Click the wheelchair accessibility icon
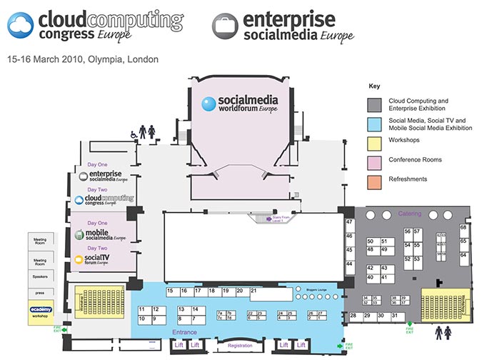[x=132, y=134]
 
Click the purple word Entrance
[x=185, y=332]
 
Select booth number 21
[x=253, y=291]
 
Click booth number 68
[x=463, y=228]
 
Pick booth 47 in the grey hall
[x=350, y=223]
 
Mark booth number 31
[x=394, y=316]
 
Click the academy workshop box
[x=41, y=311]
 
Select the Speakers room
[x=40, y=276]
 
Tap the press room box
[x=40, y=292]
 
